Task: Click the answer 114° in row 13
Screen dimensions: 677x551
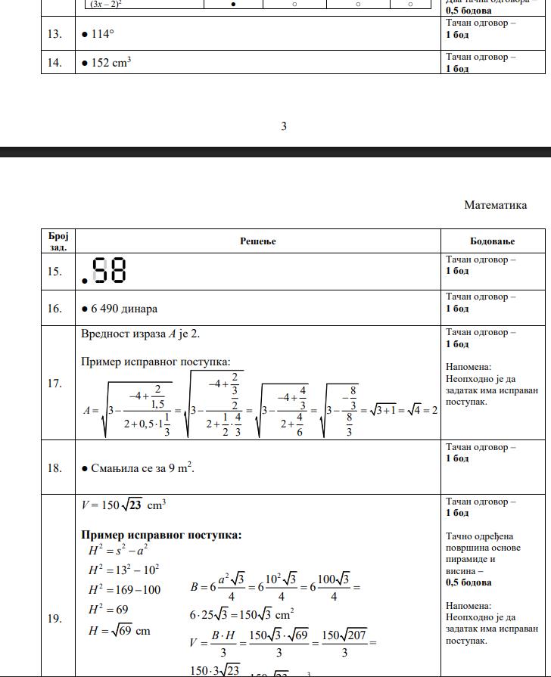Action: (x=102, y=35)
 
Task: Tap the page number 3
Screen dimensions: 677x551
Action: (x=284, y=126)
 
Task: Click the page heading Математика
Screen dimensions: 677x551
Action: (x=496, y=205)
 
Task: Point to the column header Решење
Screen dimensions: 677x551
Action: (x=258, y=241)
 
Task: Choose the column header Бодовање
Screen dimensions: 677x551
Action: (x=492, y=241)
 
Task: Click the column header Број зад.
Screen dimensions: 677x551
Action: (x=58, y=241)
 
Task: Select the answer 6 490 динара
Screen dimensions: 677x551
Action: (x=124, y=309)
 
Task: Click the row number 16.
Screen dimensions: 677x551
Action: (x=54, y=309)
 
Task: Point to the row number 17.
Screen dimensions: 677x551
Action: (x=54, y=384)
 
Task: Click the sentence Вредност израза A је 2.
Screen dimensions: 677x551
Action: (x=141, y=334)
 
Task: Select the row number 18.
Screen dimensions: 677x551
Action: (x=54, y=468)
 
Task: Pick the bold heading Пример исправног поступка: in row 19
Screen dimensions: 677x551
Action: (x=161, y=536)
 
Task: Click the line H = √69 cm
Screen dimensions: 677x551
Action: (x=119, y=632)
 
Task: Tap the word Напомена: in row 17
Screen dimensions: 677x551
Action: (x=469, y=367)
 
